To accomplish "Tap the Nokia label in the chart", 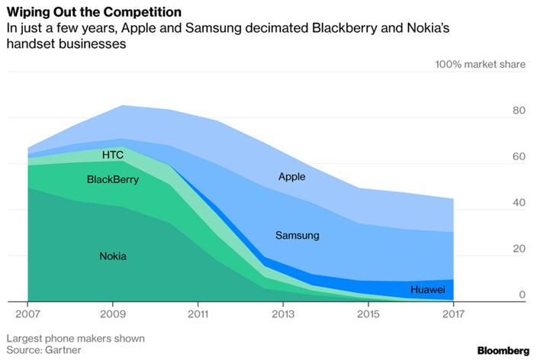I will (113, 256).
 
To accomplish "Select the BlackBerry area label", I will (113, 180).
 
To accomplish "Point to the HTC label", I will (113, 155).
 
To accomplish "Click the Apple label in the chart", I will (291, 176).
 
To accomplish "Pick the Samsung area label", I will (297, 236).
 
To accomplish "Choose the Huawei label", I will (428, 290).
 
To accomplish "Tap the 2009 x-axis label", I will (113, 313).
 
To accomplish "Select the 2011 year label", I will (199, 313).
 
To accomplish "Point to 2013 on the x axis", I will (285, 313).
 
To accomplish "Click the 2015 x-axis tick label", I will (370, 313).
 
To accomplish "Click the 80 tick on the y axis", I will (519, 111).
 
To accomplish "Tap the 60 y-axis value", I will (519, 157).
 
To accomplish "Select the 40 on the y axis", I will (519, 203).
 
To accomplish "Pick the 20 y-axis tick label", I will (519, 249).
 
